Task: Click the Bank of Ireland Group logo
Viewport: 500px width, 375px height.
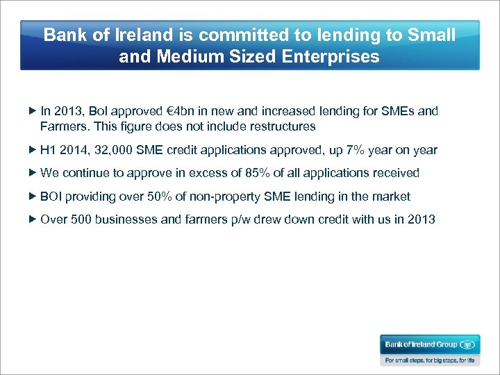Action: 429,344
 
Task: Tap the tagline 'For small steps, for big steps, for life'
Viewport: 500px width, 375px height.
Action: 429,360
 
